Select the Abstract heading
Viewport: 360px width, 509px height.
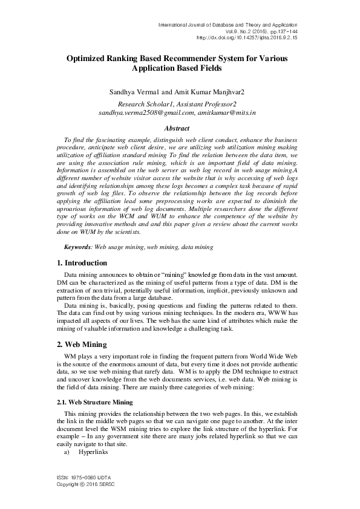click(x=177, y=128)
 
